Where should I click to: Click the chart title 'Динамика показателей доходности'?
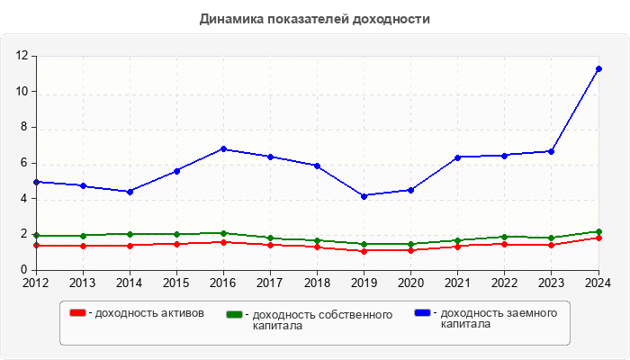coord(314,19)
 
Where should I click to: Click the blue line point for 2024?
coord(598,68)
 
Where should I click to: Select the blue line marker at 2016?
coord(223,149)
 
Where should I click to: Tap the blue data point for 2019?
coord(364,195)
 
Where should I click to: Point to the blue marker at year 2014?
coord(130,191)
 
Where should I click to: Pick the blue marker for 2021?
coord(457,157)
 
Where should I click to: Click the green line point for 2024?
coord(598,231)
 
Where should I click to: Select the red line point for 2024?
coord(598,238)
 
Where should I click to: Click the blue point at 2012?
coord(36,182)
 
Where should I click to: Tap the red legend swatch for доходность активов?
coord(78,312)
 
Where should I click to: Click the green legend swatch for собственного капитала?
coord(235,314)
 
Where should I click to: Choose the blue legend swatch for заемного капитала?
coord(422,312)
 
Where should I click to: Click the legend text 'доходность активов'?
coord(148,313)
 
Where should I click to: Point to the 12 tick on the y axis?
coord(23,56)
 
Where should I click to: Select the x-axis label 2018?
coord(317,283)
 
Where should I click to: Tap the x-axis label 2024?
coord(598,283)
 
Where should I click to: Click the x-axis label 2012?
coord(36,283)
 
